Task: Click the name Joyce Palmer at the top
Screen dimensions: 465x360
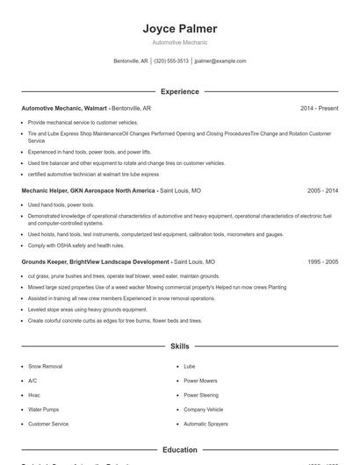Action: pos(179,29)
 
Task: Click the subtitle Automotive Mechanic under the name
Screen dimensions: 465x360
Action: pos(179,42)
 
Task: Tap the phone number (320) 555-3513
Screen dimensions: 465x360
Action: pos(171,61)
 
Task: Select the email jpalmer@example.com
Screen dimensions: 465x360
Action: pos(220,61)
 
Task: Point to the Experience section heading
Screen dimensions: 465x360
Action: pos(179,91)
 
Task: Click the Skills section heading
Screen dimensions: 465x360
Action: pos(179,347)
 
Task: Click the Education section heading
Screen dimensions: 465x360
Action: pos(179,450)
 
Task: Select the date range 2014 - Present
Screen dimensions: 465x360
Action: pos(319,108)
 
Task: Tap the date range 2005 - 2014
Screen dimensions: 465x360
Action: pos(322,190)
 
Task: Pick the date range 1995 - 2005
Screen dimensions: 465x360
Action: pos(322,261)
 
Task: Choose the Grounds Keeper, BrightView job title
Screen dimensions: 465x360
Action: pos(96,261)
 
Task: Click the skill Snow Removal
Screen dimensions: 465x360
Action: pos(45,365)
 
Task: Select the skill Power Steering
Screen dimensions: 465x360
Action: pos(201,395)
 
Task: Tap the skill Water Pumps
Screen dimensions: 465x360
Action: pos(43,410)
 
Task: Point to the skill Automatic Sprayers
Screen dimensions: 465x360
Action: pos(205,424)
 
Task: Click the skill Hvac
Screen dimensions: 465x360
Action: pos(34,395)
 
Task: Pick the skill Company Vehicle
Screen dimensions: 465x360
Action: pos(203,410)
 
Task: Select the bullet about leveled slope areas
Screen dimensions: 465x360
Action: pos(88,310)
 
